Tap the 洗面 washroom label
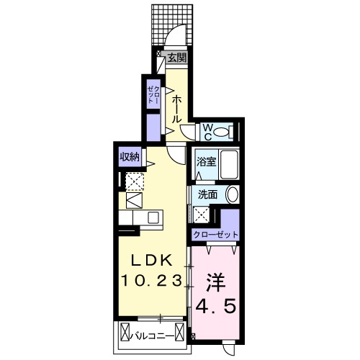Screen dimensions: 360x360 [x=208, y=194]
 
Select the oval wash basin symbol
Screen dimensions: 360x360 [x=232, y=194]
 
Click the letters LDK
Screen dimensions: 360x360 [x=151, y=260]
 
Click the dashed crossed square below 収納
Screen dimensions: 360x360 [x=134, y=180]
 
